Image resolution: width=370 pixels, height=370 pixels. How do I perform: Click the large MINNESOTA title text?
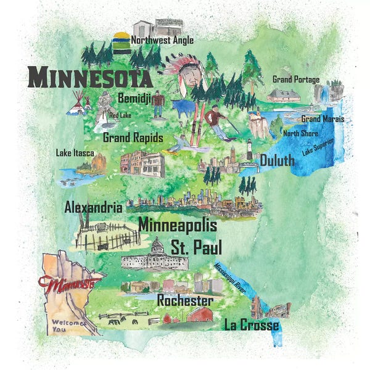pos(90,78)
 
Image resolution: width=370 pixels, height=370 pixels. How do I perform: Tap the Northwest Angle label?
pos(162,40)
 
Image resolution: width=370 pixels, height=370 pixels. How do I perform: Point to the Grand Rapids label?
pos(133,138)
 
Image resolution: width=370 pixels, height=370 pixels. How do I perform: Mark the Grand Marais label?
pos(323,119)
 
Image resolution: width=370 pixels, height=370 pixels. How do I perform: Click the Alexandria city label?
pos(93,208)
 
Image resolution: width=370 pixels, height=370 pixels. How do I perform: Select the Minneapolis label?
pos(178,226)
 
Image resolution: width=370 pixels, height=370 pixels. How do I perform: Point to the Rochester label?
pos(185,301)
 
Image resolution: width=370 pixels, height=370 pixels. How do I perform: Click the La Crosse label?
pos(251,325)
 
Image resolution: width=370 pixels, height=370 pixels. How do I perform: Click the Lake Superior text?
pos(318,147)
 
